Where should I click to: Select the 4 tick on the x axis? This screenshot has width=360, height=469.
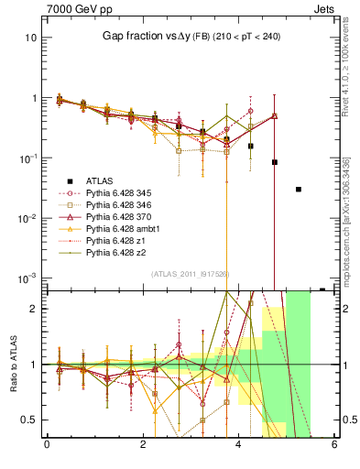tap(238, 445)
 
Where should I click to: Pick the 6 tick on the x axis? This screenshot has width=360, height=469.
tap(334, 445)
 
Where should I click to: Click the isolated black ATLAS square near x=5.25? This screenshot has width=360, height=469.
tap(299, 190)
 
